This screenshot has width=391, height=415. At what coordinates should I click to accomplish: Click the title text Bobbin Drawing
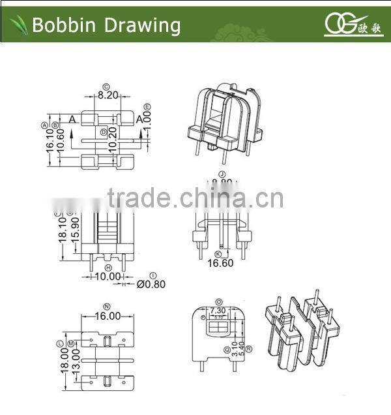coord(106,25)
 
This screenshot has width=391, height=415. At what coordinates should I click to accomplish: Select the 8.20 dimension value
coord(108,95)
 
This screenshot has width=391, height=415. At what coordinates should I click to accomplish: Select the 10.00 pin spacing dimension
coord(108,277)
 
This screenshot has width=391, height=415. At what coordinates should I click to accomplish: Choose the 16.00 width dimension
coord(108,315)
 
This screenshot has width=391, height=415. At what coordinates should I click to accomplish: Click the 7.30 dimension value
coord(218,310)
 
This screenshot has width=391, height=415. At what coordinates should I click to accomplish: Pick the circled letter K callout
coord(219,253)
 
